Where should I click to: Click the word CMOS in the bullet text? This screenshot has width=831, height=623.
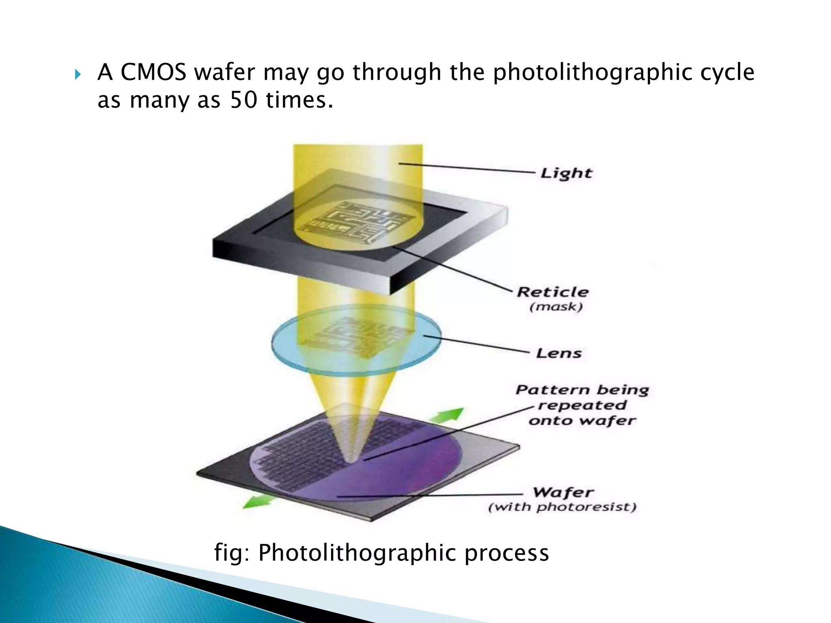tap(153, 73)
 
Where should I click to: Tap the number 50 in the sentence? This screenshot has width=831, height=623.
tap(243, 100)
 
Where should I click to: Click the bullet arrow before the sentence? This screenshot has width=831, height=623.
tap(78, 74)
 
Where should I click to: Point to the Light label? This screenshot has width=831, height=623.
tap(566, 173)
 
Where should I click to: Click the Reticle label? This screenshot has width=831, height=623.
tap(553, 292)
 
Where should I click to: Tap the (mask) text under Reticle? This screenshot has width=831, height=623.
tap(556, 307)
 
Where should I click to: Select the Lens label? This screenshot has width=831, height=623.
tap(559, 353)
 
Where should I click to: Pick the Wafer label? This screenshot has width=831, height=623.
tap(563, 492)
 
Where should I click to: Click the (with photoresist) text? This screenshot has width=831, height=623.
tap(562, 507)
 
